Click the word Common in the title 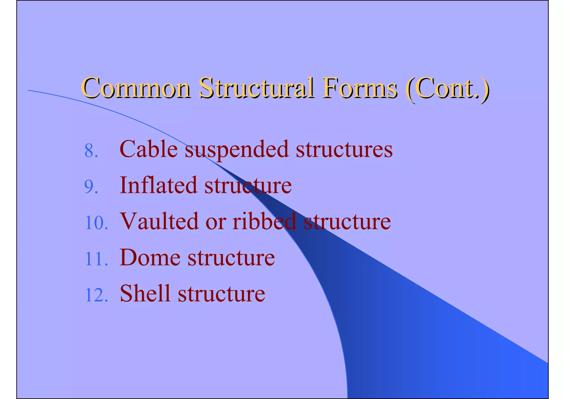click(136, 88)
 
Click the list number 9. click(91, 188)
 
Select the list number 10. click(96, 223)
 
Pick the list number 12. click(96, 295)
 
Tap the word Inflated click(158, 185)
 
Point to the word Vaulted click(160, 221)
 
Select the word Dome click(150, 257)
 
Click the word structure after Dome click(231, 258)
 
